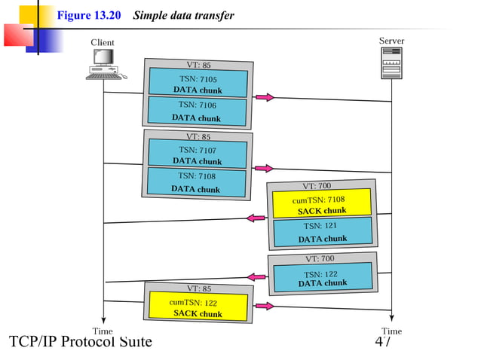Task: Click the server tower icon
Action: tap(391, 63)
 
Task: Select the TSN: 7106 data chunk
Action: tap(197, 111)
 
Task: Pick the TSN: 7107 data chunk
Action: tap(198, 155)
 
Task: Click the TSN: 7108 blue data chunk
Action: tap(197, 183)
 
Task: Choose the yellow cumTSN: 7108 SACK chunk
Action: tap(322, 204)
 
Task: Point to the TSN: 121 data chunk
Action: tap(323, 232)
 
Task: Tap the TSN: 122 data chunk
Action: tap(323, 278)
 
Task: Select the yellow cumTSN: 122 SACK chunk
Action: tap(198, 307)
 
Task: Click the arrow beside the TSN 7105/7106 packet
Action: tap(264, 97)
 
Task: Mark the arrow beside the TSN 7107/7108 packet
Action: tap(264, 169)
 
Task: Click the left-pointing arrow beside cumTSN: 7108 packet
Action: tap(257, 218)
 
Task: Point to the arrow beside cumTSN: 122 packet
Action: tap(263, 306)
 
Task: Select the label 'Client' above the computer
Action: tap(103, 42)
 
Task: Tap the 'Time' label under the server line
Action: tap(391, 331)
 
